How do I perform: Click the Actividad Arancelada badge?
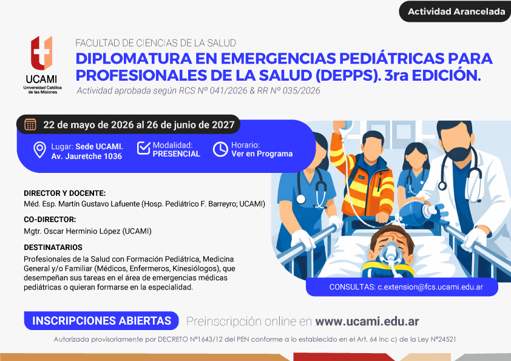455,12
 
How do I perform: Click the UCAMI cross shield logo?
42,53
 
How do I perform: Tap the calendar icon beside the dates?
30,124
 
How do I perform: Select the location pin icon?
40,150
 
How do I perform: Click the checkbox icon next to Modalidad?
143,148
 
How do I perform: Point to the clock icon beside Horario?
221,149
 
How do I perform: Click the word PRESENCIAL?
177,154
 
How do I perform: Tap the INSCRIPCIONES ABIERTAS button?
101,320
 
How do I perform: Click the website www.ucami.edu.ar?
367,321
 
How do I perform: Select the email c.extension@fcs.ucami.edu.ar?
430,287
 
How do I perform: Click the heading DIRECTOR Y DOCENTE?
65,193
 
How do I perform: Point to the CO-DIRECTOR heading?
50,219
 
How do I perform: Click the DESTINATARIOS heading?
53,248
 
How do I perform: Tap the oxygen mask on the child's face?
390,253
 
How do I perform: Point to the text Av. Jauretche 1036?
86,157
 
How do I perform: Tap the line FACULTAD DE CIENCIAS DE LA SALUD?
156,43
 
